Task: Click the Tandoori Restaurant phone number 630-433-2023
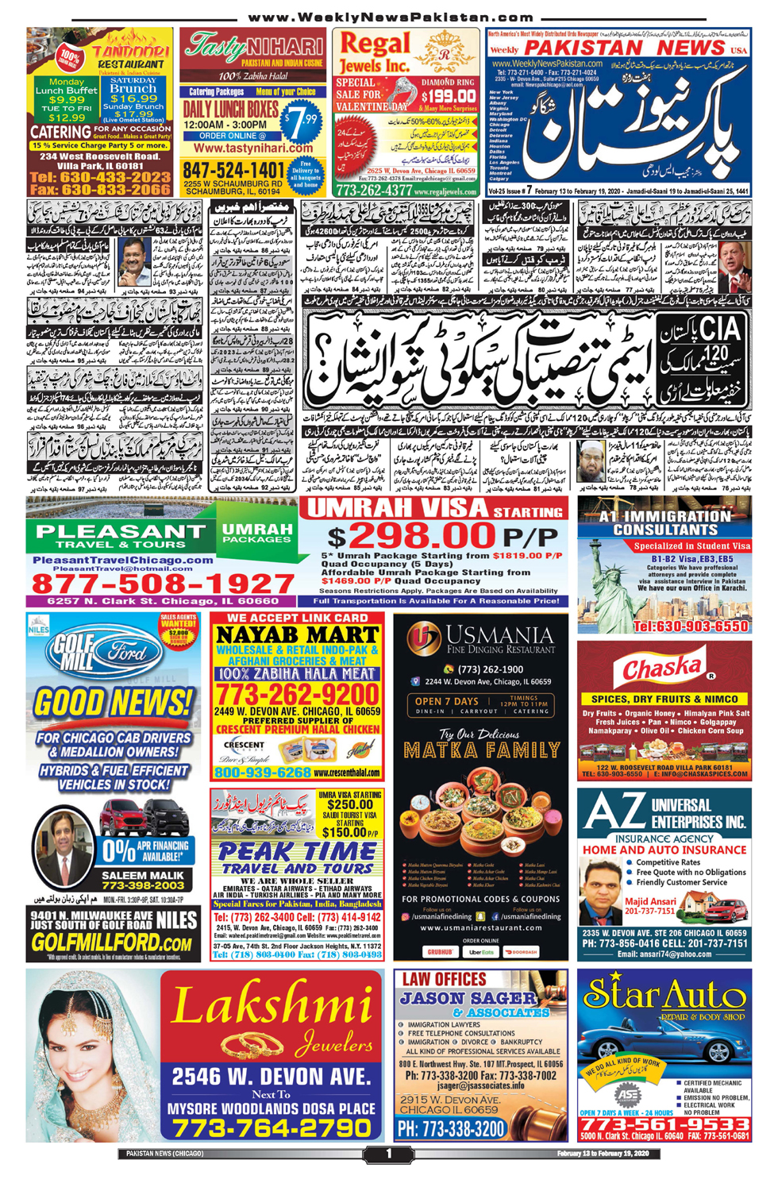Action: (x=100, y=177)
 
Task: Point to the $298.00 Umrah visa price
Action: (x=410, y=536)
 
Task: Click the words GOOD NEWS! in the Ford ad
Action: (x=114, y=703)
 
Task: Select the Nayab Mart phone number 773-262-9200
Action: (x=298, y=696)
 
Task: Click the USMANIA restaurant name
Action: (x=499, y=634)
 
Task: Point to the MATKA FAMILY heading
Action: (x=481, y=750)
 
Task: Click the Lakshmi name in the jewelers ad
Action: (x=272, y=1004)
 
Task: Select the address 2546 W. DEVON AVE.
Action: (x=272, y=1077)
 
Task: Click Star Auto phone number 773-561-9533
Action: (x=664, y=1124)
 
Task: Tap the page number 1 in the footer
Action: (x=388, y=1154)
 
